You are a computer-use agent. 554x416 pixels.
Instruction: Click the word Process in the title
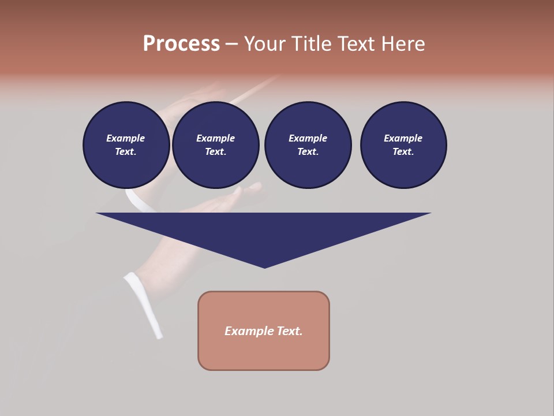(181, 43)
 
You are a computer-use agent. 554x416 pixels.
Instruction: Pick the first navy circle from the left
(126, 145)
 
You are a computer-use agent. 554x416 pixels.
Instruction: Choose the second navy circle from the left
(216, 145)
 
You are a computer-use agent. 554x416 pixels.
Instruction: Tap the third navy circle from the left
(308, 145)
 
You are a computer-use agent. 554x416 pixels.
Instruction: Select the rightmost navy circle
(403, 145)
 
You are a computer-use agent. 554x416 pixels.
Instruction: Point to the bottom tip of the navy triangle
(264, 267)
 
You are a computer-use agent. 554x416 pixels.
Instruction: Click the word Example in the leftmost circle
(126, 138)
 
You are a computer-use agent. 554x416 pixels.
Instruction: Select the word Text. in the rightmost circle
(403, 152)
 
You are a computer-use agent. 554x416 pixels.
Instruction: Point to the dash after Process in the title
(231, 44)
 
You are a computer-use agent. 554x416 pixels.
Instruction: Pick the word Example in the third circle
(308, 138)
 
